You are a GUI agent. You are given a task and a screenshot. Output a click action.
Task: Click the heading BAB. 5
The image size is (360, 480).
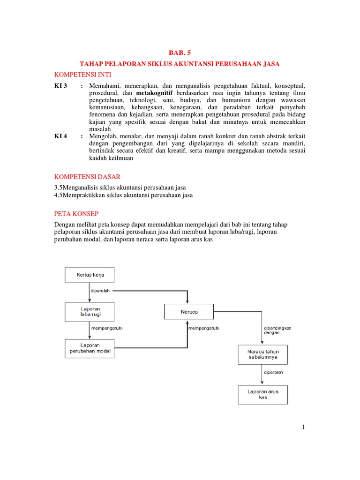pyautogui.click(x=180, y=53)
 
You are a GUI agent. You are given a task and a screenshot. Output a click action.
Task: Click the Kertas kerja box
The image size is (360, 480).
pyautogui.click(x=89, y=275)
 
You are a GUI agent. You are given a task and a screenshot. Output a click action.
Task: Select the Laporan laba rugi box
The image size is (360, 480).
pyautogui.click(x=89, y=312)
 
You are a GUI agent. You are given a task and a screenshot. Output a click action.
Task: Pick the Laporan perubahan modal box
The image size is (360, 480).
pyautogui.click(x=89, y=349)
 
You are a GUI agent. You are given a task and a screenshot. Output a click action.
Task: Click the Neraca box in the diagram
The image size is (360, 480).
pyautogui.click(x=188, y=312)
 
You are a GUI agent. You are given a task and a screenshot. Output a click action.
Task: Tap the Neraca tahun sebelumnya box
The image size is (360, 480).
pyautogui.click(x=262, y=354)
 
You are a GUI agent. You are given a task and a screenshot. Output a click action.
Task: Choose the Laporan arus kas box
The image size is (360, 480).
pyautogui.click(x=262, y=395)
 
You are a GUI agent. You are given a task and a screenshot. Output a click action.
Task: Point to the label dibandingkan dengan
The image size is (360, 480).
pyautogui.click(x=277, y=330)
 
